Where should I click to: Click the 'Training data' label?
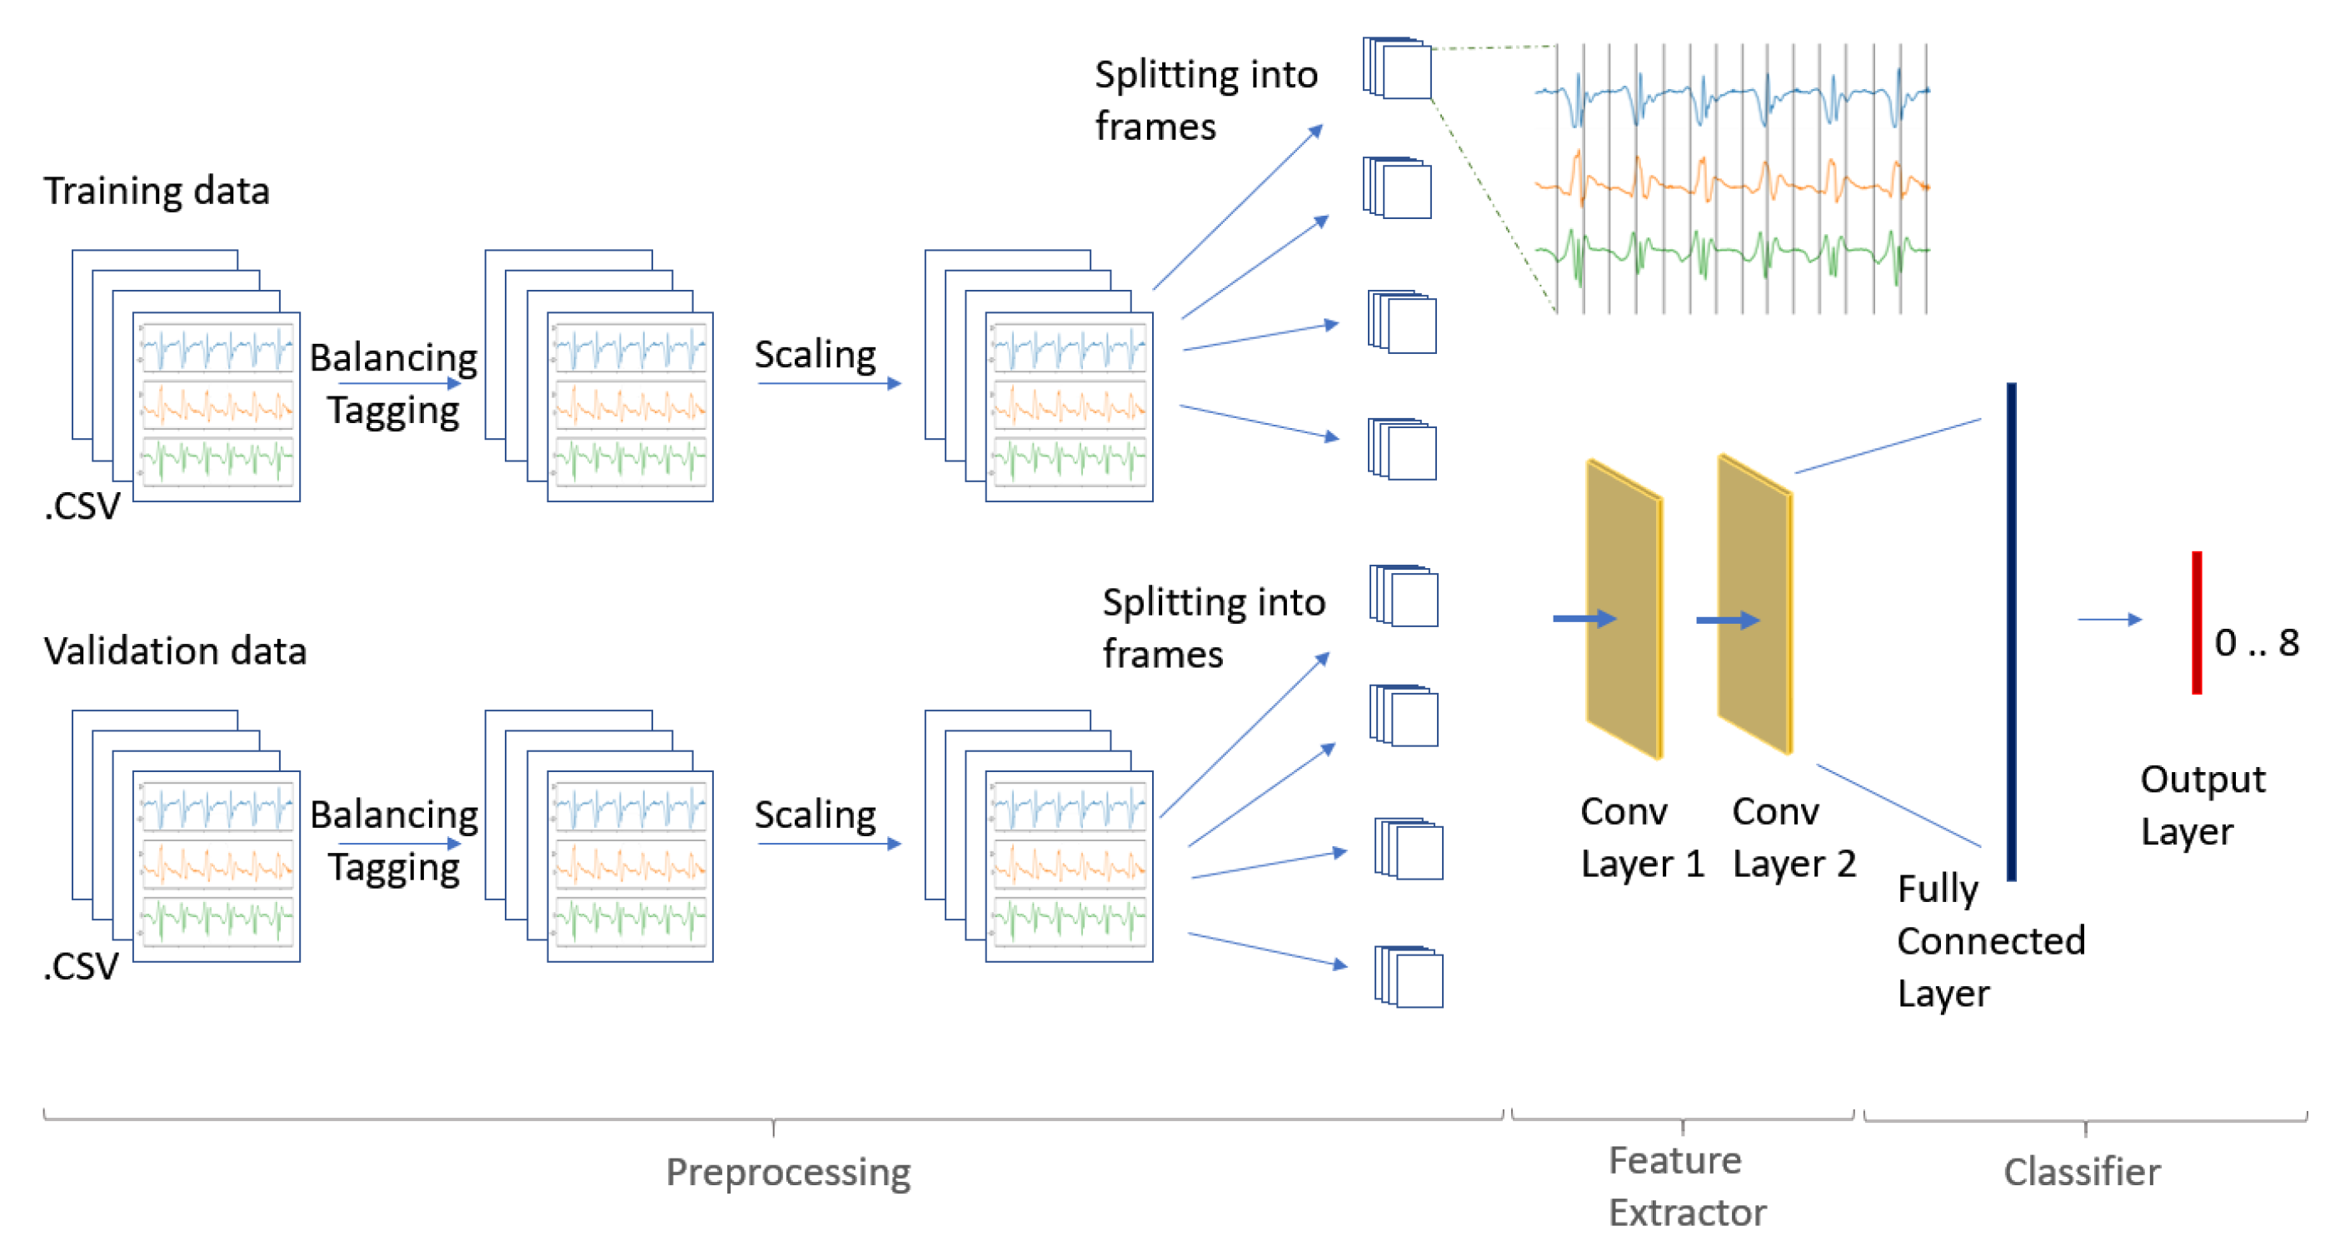pos(157,191)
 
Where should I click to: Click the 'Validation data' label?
pos(175,651)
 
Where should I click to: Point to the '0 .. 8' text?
pos(2256,643)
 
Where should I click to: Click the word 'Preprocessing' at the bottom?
pos(788,1172)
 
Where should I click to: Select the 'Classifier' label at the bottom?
pos(2081,1172)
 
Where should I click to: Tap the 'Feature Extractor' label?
pos(1686,1186)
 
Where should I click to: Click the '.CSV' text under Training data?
pos(82,506)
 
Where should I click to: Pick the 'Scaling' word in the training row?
pos(815,355)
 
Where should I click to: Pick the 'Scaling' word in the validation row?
pos(815,815)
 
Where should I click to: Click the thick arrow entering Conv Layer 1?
pos(1584,619)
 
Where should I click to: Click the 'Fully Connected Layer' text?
pos(1990,940)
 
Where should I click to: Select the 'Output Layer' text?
pos(2202,805)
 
